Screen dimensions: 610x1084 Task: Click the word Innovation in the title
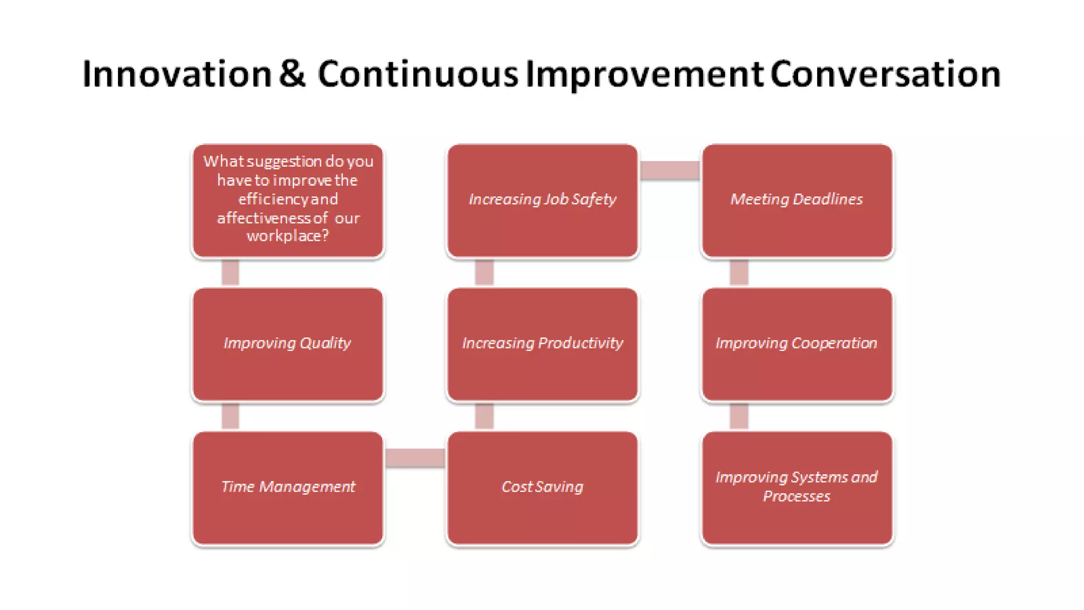click(x=177, y=74)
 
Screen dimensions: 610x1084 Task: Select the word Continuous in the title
click(x=418, y=74)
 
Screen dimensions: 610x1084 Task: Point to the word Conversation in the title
click(x=885, y=74)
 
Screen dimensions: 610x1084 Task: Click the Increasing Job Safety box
click(x=543, y=201)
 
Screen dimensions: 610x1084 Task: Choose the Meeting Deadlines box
click(x=797, y=201)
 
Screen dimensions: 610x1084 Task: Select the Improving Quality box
click(x=287, y=344)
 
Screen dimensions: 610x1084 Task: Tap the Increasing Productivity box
click(x=543, y=344)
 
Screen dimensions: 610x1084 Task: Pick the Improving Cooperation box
click(x=797, y=344)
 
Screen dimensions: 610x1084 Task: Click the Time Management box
click(x=287, y=488)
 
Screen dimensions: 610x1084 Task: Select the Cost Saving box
click(x=543, y=488)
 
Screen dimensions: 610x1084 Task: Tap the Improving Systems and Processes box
click(x=797, y=488)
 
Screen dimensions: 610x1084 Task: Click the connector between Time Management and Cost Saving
click(x=415, y=458)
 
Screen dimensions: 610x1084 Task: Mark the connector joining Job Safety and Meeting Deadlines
click(x=670, y=171)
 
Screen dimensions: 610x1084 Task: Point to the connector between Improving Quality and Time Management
click(x=230, y=416)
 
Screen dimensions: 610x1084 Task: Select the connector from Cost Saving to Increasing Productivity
click(x=484, y=416)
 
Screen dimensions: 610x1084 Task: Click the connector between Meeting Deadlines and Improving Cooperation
click(x=739, y=273)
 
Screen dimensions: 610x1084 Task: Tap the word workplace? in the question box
click(x=287, y=236)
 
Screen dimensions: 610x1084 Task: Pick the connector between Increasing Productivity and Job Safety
click(x=484, y=273)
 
